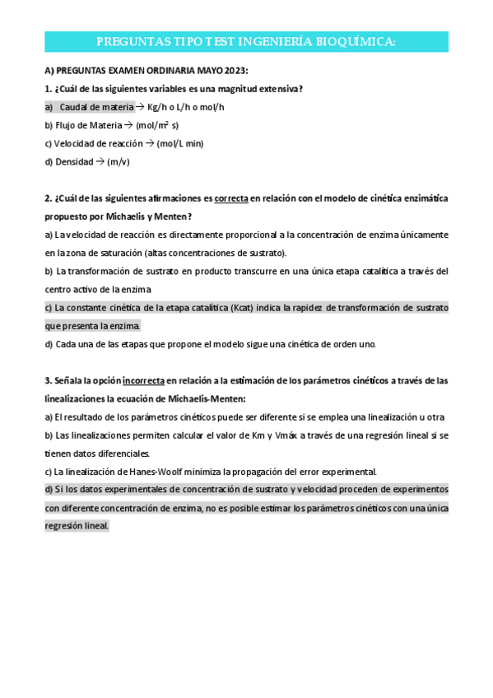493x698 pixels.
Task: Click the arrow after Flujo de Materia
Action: click(129, 125)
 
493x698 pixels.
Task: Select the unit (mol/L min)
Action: click(179, 143)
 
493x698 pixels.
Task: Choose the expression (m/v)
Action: click(119, 161)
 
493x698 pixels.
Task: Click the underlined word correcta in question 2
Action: click(231, 198)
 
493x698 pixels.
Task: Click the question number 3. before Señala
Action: click(48, 380)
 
